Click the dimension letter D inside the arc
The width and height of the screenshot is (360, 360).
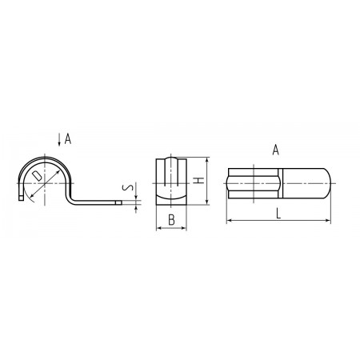pyautogui.click(x=37, y=176)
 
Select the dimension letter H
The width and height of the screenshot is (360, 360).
pyautogui.click(x=198, y=181)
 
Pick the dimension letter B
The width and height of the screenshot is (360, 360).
pyautogui.click(x=171, y=220)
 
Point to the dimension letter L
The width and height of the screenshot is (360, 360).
pyautogui.click(x=278, y=214)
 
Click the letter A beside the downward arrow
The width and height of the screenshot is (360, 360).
pyautogui.click(x=68, y=139)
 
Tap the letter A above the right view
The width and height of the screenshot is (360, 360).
pyautogui.click(x=276, y=150)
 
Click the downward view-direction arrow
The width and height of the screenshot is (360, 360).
pyautogui.click(x=59, y=139)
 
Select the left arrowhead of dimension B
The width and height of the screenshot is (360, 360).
pyautogui.click(x=158, y=228)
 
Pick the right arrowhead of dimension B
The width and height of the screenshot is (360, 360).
pyautogui.click(x=184, y=228)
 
